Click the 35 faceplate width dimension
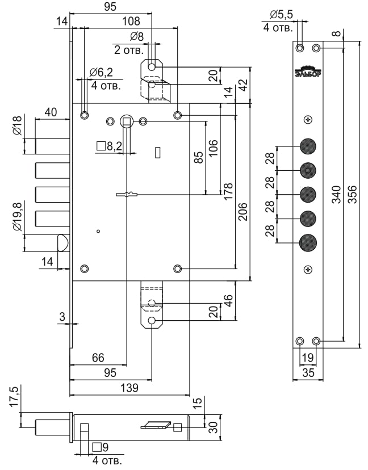(308, 373)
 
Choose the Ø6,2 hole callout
(102, 72)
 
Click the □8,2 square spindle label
(110, 146)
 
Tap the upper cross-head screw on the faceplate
(308, 119)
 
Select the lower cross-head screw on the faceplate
(308, 269)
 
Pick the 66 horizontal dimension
(98, 358)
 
